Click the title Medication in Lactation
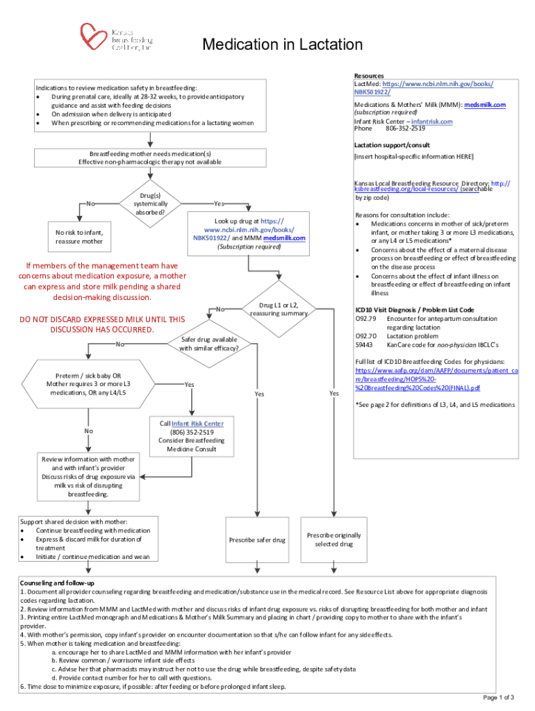282,45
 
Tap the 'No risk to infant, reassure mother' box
79,237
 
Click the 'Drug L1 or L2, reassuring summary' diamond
278,309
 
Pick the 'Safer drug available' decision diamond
209,344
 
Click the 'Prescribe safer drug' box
257,539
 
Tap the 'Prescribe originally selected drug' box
334,539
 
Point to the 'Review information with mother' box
88,476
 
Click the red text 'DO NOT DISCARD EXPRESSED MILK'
101,324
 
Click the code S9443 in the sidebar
365,345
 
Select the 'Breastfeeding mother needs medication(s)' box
150,158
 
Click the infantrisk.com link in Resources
431,122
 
